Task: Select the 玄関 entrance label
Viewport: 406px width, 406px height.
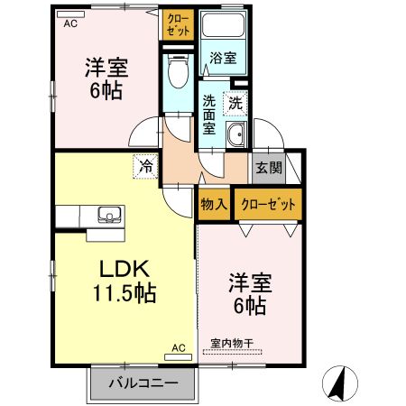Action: point(268,167)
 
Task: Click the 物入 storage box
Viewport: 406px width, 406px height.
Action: point(213,204)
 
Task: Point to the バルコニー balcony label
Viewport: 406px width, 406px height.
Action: point(143,383)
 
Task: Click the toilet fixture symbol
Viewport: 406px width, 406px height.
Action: point(177,67)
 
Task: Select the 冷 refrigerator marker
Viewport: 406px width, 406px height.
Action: point(145,166)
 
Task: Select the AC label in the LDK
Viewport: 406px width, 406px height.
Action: point(178,347)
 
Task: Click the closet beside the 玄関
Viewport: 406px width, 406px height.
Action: point(269,204)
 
